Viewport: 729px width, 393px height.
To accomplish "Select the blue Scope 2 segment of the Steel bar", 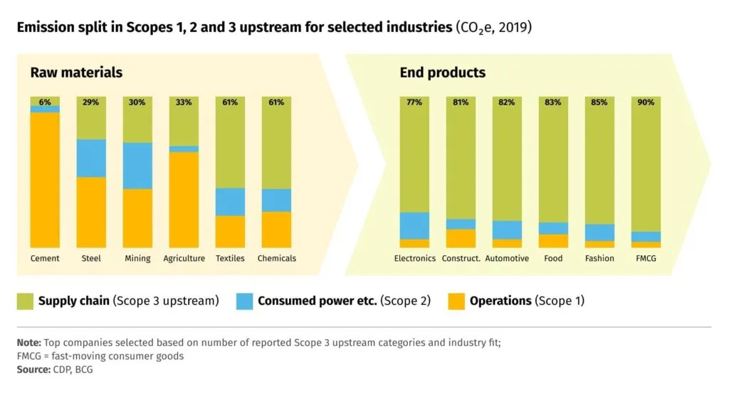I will [x=91, y=158].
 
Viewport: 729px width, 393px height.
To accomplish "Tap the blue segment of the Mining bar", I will [x=137, y=166].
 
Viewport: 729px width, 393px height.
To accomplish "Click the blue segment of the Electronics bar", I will [x=414, y=225].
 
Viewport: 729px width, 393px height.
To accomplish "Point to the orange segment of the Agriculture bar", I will [x=184, y=200].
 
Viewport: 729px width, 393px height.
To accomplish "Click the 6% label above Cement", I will [x=45, y=102].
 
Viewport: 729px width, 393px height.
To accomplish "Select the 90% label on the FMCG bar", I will [x=646, y=102].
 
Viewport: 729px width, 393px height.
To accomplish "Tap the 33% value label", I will [x=184, y=102].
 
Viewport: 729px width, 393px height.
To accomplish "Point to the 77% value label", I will [x=414, y=102].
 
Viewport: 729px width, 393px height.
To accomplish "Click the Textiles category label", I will [x=230, y=259].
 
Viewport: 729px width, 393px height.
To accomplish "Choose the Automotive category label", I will [x=507, y=259].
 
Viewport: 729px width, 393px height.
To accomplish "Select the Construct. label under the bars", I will [x=461, y=259].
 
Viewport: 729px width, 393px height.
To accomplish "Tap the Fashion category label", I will [x=599, y=259].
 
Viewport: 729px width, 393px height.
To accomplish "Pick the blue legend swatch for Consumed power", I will [x=244, y=301].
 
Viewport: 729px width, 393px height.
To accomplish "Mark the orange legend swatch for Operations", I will [x=456, y=301].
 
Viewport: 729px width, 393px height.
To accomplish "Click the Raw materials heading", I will [x=76, y=72].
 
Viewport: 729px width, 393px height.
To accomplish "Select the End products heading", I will [x=443, y=72].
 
